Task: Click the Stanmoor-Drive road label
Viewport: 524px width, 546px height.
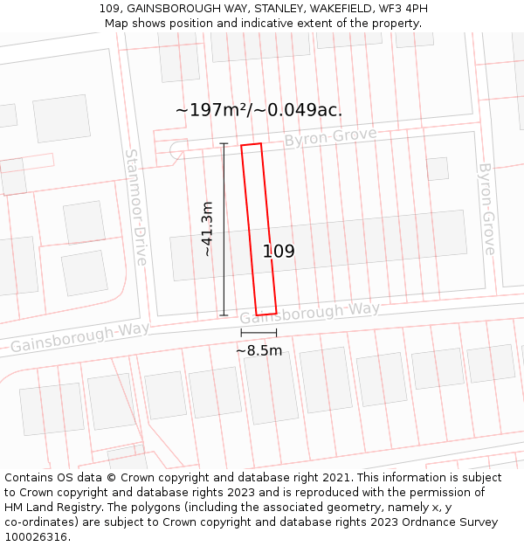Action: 135,206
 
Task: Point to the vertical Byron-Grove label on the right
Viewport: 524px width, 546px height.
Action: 487,208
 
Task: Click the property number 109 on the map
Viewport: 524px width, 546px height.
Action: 279,252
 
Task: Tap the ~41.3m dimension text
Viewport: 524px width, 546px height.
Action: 207,229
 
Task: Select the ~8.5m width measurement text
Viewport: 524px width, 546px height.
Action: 259,350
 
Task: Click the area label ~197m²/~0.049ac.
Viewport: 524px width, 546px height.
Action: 259,110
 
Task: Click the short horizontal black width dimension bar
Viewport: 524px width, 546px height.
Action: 259,333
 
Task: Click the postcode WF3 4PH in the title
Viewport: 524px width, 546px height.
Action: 401,9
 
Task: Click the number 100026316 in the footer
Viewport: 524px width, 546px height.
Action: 36,537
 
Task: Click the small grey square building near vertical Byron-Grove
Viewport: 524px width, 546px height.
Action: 438,169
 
